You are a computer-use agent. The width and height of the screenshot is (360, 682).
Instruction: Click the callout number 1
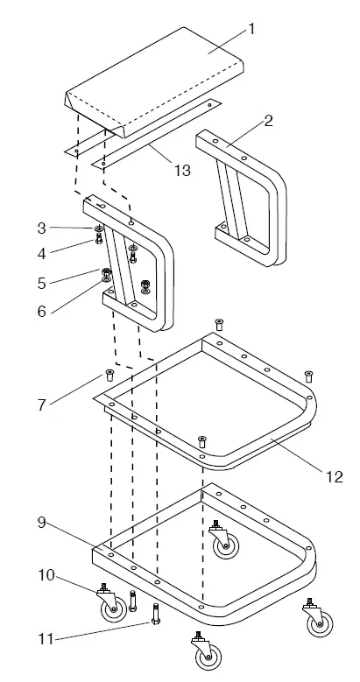[x=251, y=29]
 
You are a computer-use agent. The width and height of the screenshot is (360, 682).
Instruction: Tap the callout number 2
[x=268, y=121]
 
